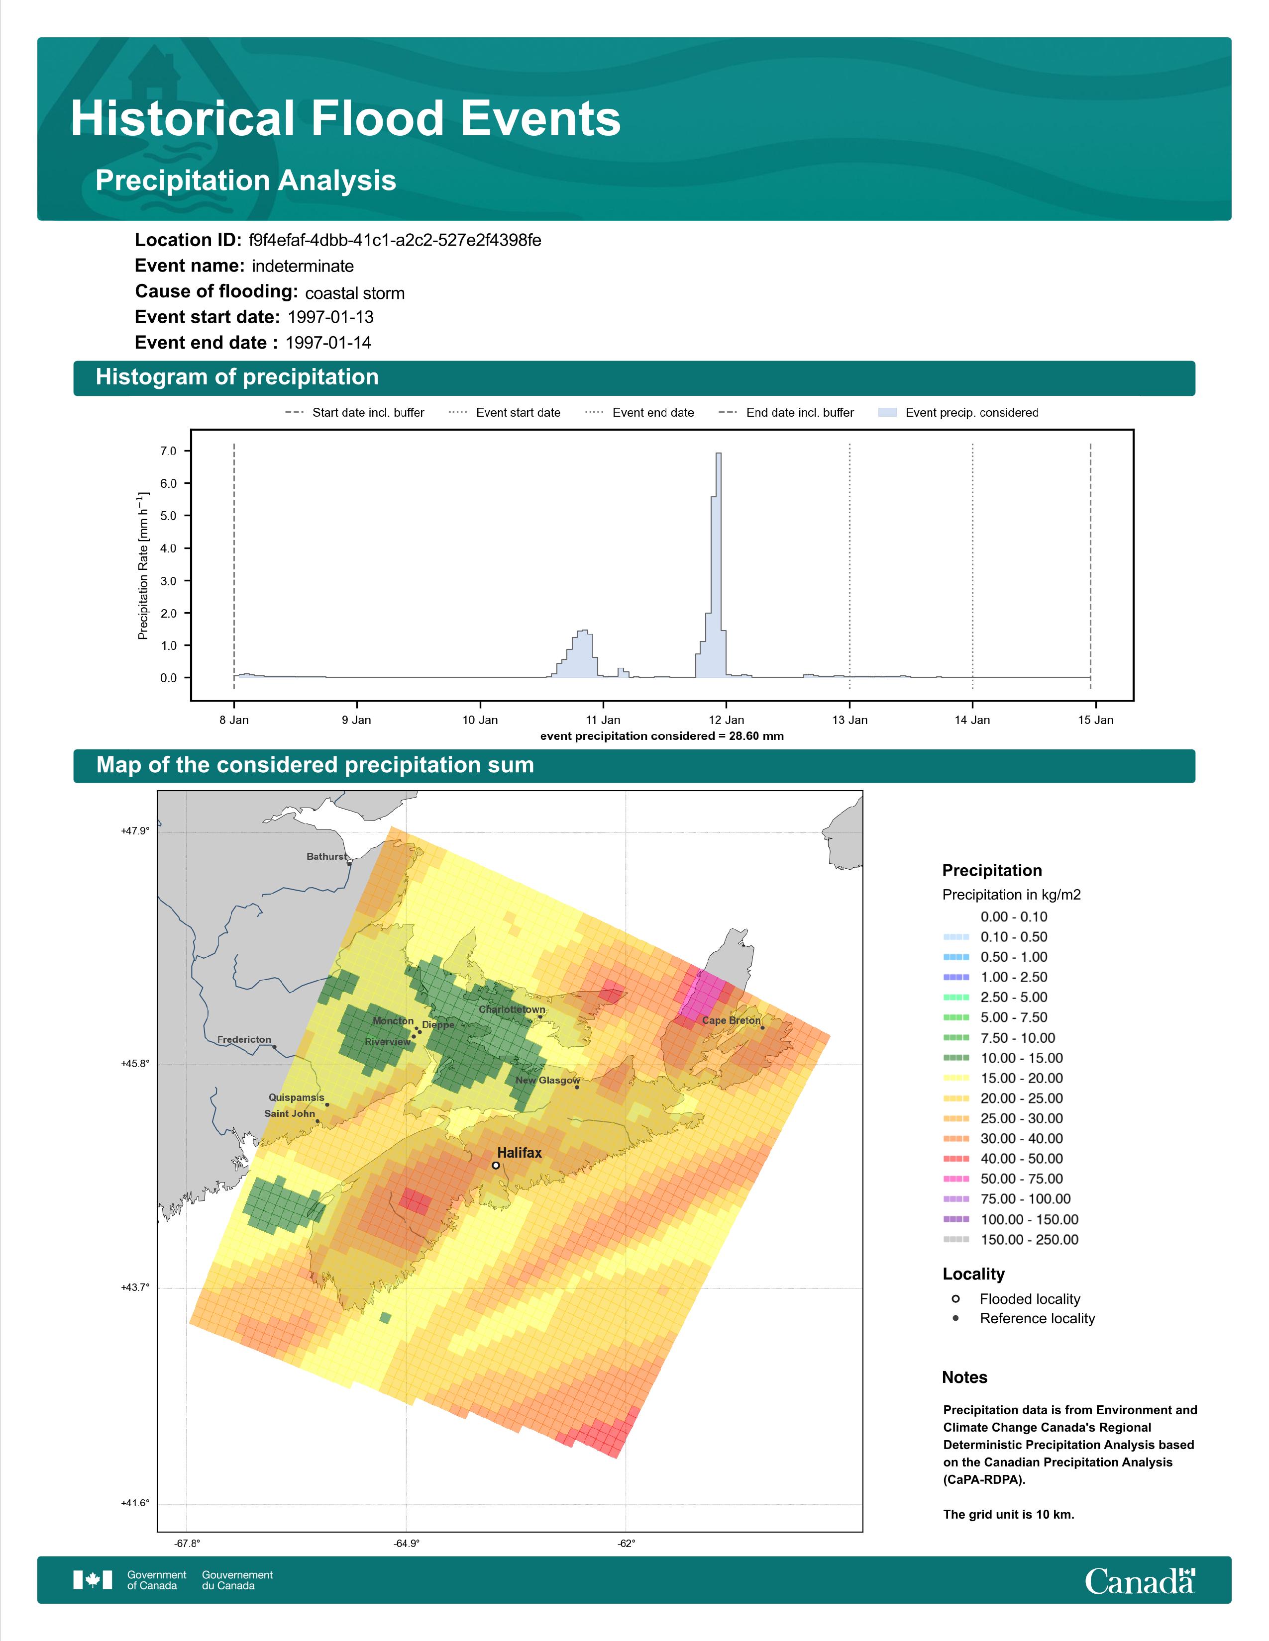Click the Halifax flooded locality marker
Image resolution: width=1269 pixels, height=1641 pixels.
(x=496, y=1166)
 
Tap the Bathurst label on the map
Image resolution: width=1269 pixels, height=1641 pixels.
(x=327, y=857)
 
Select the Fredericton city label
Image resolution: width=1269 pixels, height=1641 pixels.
(x=244, y=1040)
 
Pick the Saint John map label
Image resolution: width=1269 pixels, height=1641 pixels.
(x=290, y=1113)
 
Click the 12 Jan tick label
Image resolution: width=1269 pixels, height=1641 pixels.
(x=726, y=720)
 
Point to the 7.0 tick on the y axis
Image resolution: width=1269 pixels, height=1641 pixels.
(x=168, y=451)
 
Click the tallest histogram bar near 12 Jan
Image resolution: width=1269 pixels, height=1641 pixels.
(x=719, y=565)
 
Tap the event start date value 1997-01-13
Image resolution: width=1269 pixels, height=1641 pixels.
(x=331, y=317)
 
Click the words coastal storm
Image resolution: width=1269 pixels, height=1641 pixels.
(x=355, y=293)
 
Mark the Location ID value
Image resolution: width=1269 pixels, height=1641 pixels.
(x=395, y=241)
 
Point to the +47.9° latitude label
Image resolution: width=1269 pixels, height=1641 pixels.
(x=135, y=831)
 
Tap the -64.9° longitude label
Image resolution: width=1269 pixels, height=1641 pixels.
(x=407, y=1544)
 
